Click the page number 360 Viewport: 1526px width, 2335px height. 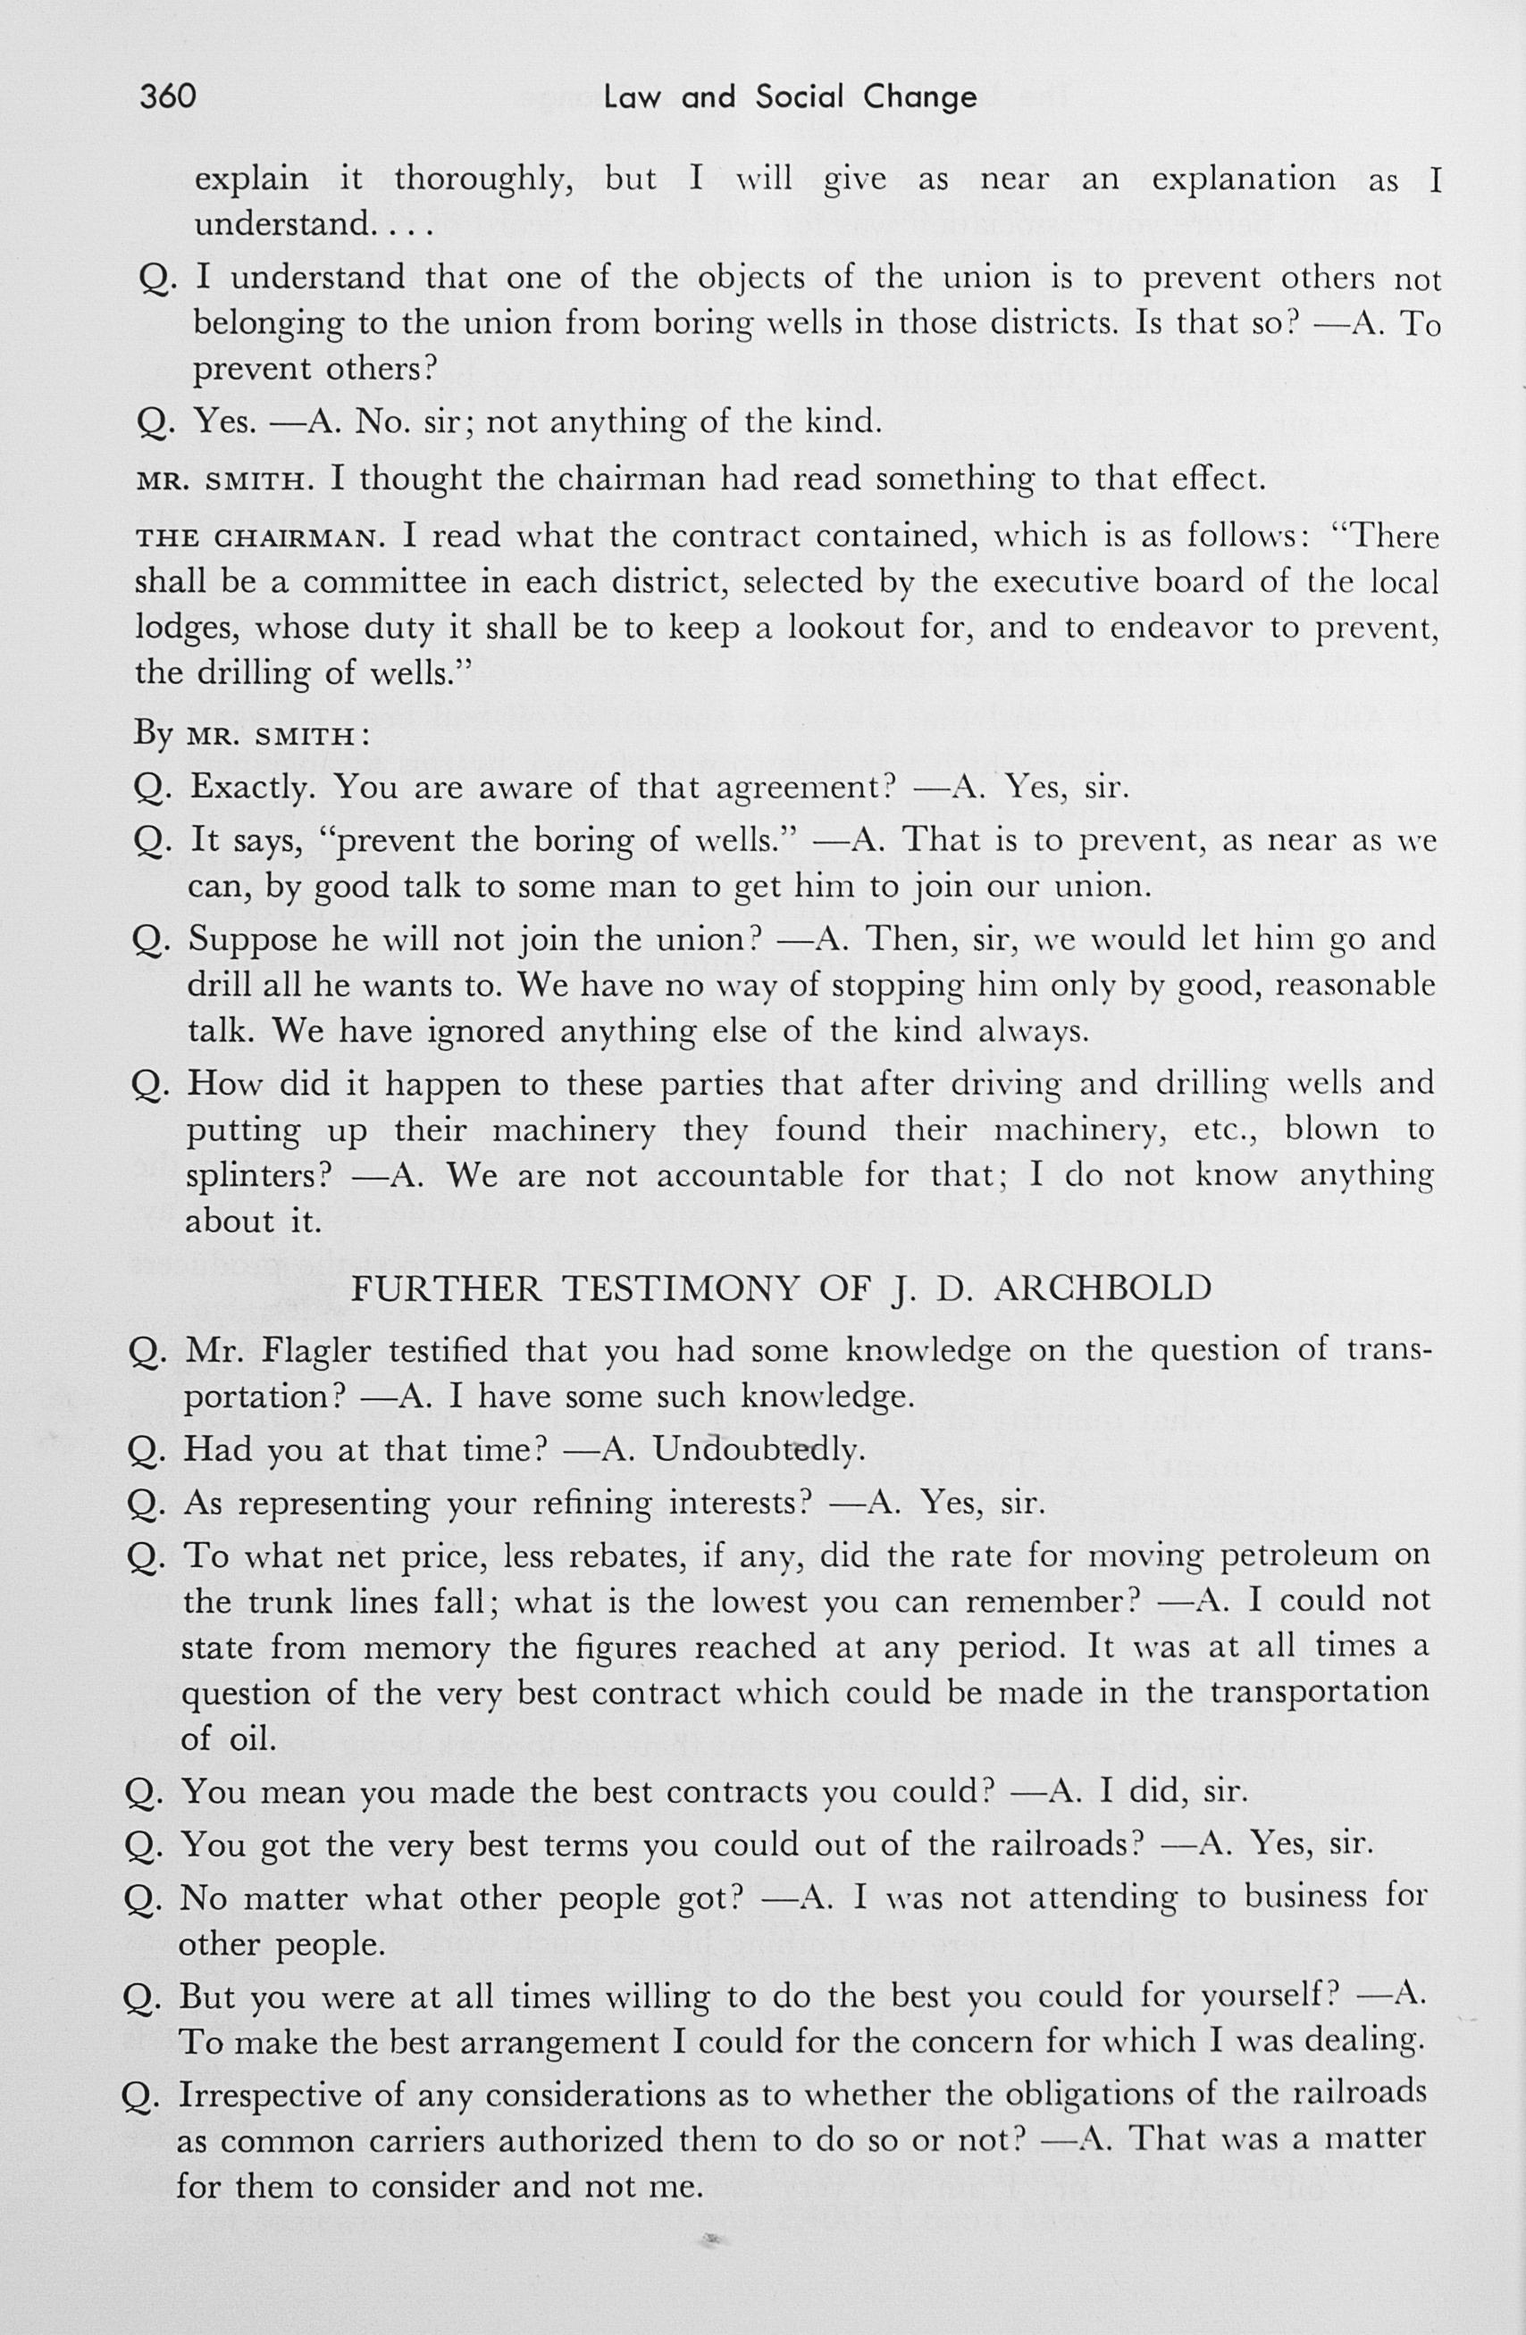point(168,96)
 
